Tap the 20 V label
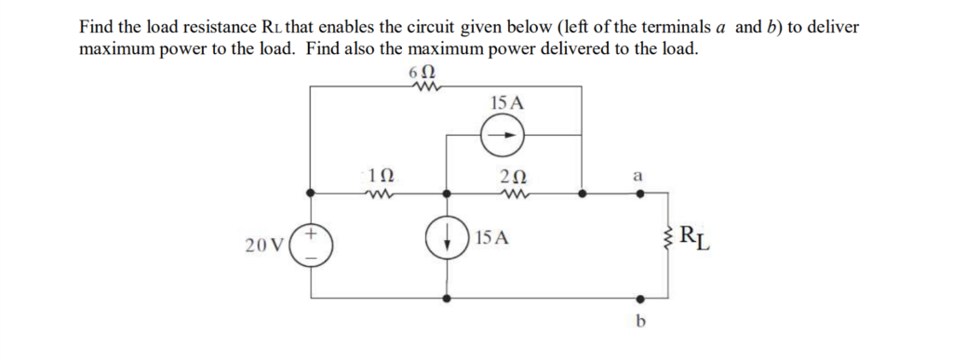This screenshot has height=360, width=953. [263, 246]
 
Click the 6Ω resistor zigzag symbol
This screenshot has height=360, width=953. [423, 88]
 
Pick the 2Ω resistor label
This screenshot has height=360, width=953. [513, 176]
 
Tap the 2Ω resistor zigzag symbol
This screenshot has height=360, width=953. [513, 195]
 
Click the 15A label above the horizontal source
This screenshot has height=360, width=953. [505, 102]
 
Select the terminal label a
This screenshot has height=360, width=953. [638, 174]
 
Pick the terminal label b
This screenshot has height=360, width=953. [639, 322]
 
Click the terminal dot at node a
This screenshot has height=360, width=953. [638, 195]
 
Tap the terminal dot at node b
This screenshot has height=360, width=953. [638, 300]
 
